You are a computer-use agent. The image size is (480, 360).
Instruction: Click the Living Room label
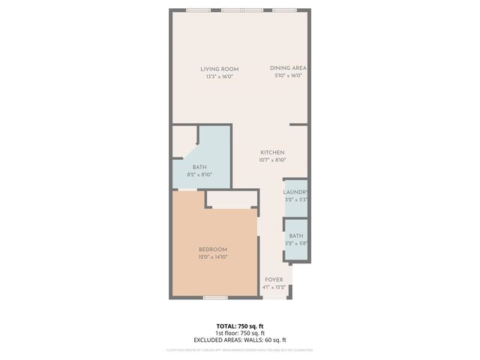[219, 69]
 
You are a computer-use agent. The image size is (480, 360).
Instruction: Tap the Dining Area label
[289, 68]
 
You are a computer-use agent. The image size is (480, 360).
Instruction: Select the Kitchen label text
[272, 152]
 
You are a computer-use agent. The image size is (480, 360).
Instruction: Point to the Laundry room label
[295, 192]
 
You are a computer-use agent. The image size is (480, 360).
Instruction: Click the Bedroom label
[213, 249]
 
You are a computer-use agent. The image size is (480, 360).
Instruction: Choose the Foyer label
[274, 280]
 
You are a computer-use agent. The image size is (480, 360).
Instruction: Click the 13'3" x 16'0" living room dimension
[219, 76]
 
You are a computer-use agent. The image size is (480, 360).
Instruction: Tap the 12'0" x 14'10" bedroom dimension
[213, 256]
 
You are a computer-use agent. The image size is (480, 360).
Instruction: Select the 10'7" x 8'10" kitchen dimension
[272, 159]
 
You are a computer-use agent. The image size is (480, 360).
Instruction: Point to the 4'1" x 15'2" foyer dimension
[274, 287]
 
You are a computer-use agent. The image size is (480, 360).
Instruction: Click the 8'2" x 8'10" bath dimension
[199, 174]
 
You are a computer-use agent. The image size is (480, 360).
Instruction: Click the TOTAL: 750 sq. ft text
[239, 326]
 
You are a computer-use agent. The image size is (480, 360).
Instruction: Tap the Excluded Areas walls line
[239, 340]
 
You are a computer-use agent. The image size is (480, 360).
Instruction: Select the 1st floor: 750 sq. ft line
[239, 333]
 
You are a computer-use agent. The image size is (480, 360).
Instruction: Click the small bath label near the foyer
[296, 235]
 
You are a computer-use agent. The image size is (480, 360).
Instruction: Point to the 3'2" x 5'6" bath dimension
[296, 243]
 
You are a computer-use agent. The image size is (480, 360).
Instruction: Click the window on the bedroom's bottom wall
[215, 298]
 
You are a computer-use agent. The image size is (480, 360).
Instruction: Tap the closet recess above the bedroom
[230, 199]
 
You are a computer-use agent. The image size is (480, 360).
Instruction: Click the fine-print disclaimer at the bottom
[239, 350]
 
